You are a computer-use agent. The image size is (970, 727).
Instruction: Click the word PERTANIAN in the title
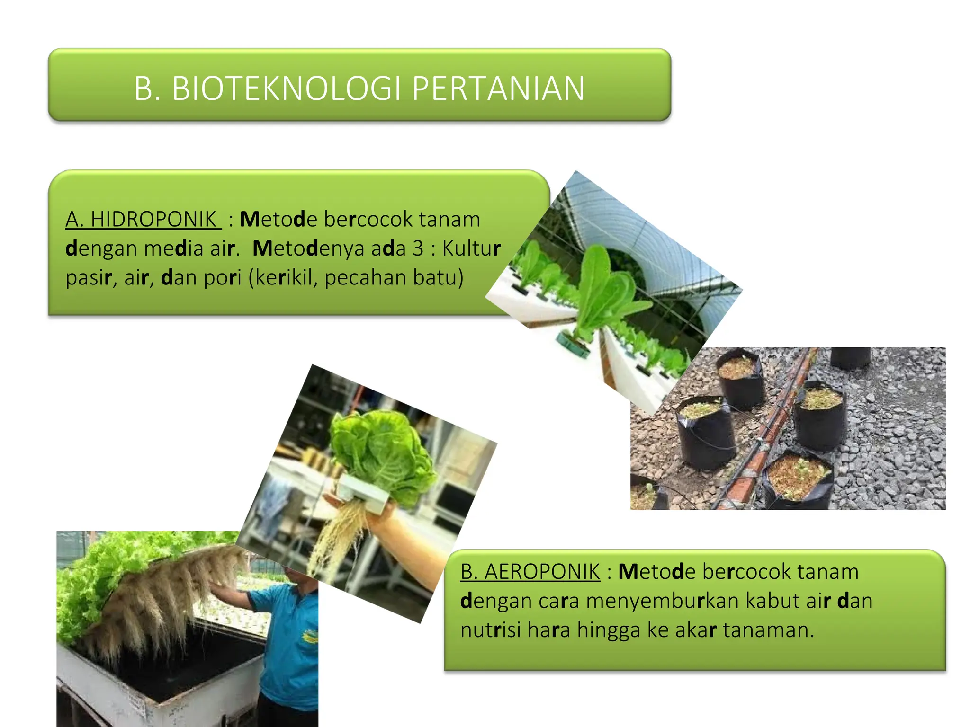point(498,89)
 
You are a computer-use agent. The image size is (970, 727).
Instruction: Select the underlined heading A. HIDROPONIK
point(143,220)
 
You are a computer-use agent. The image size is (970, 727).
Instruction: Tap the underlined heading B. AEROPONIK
point(530,572)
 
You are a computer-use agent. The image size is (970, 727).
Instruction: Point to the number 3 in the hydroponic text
point(417,248)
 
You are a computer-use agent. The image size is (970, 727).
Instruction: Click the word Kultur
point(471,248)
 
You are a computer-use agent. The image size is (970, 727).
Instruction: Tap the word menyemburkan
point(662,601)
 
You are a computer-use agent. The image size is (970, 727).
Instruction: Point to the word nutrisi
point(490,630)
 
